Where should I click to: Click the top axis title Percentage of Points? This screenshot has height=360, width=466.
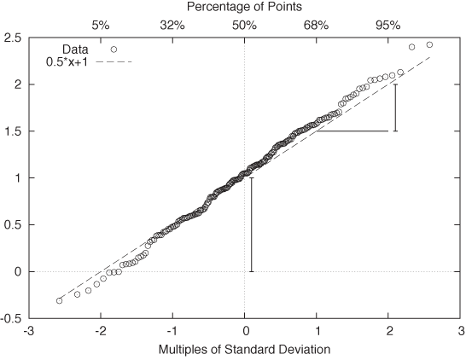[x=244, y=8]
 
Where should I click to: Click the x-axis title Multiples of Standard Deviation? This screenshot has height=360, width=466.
[x=244, y=350]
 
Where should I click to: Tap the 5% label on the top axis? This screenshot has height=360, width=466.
[x=101, y=25]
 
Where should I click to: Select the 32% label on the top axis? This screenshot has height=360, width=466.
[x=172, y=25]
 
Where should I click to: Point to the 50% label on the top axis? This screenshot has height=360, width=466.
[x=244, y=25]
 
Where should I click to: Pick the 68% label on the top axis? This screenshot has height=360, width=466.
[x=316, y=25]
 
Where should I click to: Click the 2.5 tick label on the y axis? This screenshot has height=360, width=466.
[x=12, y=38]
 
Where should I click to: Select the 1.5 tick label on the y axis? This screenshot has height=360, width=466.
[x=12, y=131]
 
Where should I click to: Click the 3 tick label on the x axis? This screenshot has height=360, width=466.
[x=461, y=331]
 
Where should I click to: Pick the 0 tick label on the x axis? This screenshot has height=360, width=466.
[x=245, y=331]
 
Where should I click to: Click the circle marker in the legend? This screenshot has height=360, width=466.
[x=114, y=49]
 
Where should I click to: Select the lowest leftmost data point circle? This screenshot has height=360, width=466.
[x=59, y=300]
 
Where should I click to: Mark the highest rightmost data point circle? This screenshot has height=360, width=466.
[x=429, y=44]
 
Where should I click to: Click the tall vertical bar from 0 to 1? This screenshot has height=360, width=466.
[x=251, y=225]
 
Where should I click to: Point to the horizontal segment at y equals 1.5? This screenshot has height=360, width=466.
[x=353, y=131]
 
